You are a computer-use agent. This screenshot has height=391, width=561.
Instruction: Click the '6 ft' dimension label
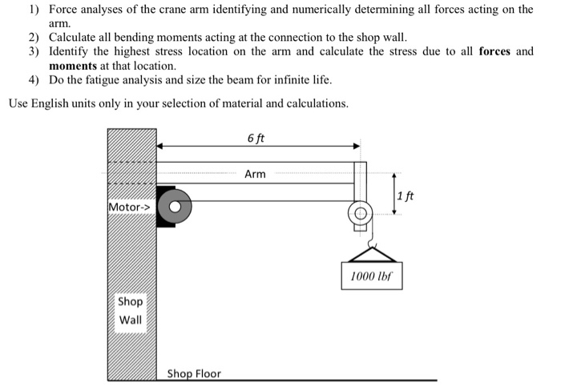256,138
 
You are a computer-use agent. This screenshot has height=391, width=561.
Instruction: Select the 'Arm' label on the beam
255,173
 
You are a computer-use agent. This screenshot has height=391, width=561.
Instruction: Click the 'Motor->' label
129,208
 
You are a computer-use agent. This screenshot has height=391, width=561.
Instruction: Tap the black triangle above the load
371,253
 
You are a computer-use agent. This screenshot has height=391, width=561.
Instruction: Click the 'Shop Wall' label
131,311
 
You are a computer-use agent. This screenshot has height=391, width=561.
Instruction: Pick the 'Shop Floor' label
194,373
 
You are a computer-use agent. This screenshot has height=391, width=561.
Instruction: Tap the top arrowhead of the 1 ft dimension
394,175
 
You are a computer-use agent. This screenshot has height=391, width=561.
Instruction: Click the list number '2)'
34,38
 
